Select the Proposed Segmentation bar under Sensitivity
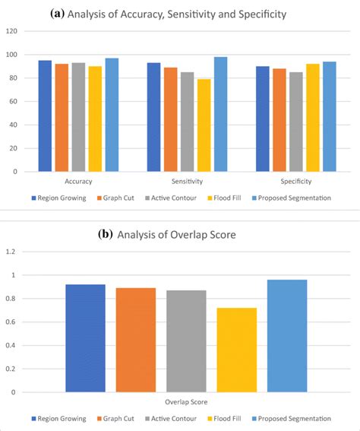pos(221,114)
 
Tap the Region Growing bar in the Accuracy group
pos(45,116)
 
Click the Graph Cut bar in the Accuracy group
pos(62,118)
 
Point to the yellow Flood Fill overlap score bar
pos(236,350)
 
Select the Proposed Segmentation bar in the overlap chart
pos(287,336)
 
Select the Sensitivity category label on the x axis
pos(186,182)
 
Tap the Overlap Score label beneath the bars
pos(186,402)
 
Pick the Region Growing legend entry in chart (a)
pos(60,198)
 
